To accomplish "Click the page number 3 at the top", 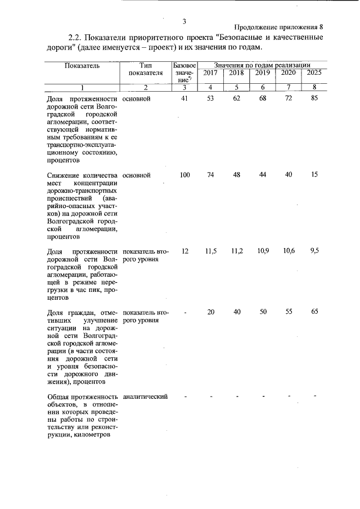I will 184,22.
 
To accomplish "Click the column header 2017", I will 210,73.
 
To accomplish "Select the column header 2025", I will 314,73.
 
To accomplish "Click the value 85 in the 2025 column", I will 314,98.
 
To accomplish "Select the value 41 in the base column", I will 184,98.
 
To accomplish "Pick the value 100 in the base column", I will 184,175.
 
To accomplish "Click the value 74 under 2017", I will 210,175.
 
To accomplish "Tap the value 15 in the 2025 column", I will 314,175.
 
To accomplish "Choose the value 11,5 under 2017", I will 210,251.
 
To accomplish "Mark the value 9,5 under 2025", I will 314,251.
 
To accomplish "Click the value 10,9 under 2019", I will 262,251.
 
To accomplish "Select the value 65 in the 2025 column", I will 314,312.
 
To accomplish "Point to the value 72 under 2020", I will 289,98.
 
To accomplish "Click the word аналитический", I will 145,397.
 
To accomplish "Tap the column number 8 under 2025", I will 314,87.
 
